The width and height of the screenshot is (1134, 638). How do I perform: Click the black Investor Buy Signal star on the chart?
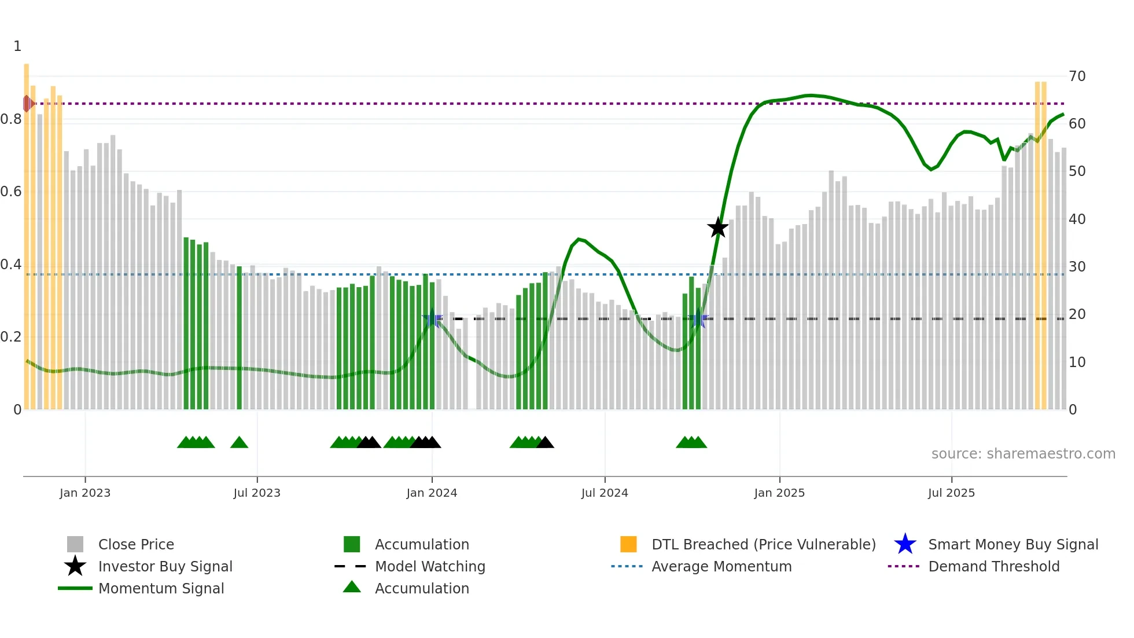tap(717, 228)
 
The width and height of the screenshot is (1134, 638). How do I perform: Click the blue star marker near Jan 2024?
tap(432, 318)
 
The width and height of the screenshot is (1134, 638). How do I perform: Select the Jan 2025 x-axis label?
tap(779, 493)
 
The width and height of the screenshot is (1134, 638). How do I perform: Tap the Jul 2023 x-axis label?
tap(257, 493)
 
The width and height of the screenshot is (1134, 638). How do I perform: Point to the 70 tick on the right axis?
tap(1077, 76)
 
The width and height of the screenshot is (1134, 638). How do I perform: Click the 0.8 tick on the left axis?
tap(11, 119)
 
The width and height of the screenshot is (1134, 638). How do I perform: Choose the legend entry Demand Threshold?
tap(993, 566)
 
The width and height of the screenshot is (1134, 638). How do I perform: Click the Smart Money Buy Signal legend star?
tap(905, 544)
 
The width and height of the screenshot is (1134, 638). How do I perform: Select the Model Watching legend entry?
tap(429, 566)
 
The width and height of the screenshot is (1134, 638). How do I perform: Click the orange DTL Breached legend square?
tap(628, 544)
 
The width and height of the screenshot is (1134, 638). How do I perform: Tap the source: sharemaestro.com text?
tap(1023, 453)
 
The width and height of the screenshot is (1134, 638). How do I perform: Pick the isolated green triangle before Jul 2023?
tap(239, 442)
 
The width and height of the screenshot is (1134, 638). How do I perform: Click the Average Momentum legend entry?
tap(721, 566)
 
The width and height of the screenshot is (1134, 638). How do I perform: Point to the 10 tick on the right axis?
tap(1077, 362)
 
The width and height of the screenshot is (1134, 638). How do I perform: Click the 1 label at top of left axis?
tap(17, 46)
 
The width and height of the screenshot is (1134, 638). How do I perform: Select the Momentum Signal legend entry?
tap(161, 588)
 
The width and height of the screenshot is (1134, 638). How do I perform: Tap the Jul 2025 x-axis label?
tap(951, 493)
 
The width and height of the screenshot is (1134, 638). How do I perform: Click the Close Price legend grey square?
tap(75, 544)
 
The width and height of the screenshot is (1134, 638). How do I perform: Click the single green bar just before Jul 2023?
tap(239, 338)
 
